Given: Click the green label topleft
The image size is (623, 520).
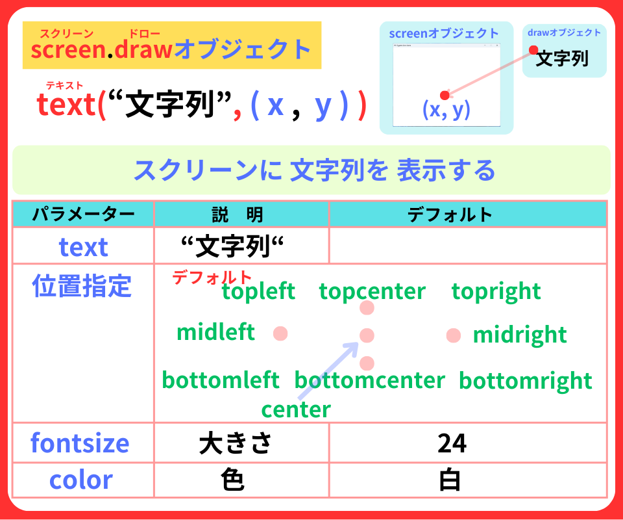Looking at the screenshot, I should click(x=258, y=291).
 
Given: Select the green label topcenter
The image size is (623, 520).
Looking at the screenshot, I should click(x=373, y=291).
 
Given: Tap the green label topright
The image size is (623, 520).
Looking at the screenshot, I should click(x=496, y=291).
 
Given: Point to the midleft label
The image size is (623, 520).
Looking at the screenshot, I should click(x=215, y=332).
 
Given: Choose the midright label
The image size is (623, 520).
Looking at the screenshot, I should click(x=520, y=335).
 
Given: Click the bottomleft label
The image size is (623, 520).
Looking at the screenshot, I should click(x=221, y=380).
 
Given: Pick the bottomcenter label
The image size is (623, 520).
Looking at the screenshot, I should click(x=370, y=380).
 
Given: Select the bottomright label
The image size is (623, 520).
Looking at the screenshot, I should click(x=526, y=380).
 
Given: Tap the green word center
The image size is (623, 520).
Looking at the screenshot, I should click(x=296, y=409).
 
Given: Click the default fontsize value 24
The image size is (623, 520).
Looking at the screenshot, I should click(x=452, y=443).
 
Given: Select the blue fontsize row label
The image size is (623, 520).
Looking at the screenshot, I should click(x=80, y=443).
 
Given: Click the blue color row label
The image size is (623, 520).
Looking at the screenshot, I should click(x=81, y=480).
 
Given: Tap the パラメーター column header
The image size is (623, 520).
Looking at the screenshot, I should click(x=83, y=214).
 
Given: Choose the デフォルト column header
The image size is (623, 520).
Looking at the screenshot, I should click(x=450, y=214).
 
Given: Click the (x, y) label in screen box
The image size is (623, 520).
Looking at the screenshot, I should click(x=446, y=110).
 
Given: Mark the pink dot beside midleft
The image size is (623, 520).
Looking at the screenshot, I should click(x=280, y=333).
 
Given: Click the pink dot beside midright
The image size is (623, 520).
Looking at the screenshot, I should click(x=454, y=335).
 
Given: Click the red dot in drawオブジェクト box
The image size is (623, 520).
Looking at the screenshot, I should click(x=533, y=50).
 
